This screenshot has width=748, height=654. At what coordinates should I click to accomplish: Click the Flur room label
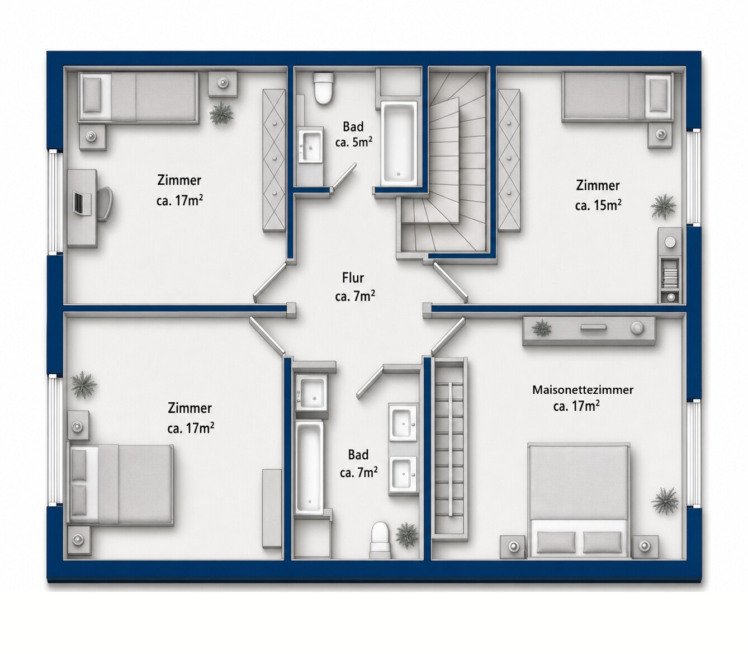(x=353, y=278)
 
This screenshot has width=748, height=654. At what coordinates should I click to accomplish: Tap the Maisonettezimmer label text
(x=583, y=390)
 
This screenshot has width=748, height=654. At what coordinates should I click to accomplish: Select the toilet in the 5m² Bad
(x=324, y=89)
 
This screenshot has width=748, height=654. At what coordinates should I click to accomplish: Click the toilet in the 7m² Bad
(x=380, y=540)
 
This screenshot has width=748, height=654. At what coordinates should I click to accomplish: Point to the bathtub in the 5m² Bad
(x=399, y=143)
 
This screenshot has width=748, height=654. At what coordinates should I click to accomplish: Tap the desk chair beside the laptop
(x=105, y=204)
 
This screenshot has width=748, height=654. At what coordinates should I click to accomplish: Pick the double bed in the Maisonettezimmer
(x=579, y=501)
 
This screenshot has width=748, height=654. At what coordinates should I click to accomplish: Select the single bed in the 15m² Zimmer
(x=618, y=96)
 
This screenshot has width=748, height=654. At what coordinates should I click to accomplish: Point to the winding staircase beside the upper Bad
(x=446, y=161)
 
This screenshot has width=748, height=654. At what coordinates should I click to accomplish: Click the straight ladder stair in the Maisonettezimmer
(x=450, y=450)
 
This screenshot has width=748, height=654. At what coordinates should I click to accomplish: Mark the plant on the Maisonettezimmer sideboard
(x=541, y=327)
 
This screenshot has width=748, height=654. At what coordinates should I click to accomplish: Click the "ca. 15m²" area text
(x=598, y=205)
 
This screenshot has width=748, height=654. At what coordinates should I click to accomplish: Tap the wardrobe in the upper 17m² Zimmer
(x=274, y=160)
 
